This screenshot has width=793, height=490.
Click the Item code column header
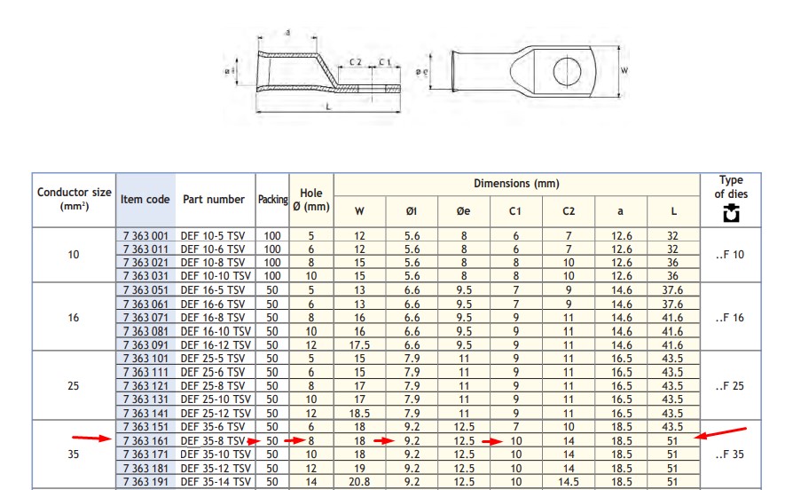[145, 200]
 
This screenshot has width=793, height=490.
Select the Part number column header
[214, 200]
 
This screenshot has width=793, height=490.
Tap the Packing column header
[272, 200]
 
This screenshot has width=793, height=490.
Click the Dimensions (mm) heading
[516, 183]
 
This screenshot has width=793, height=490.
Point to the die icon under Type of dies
[731, 213]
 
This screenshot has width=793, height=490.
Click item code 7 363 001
[145, 236]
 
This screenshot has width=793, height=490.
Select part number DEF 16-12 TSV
[216, 345]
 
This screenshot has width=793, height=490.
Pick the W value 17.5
[359, 345]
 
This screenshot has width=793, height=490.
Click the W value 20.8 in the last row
[359, 482]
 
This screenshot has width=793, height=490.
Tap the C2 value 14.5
[569, 482]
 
